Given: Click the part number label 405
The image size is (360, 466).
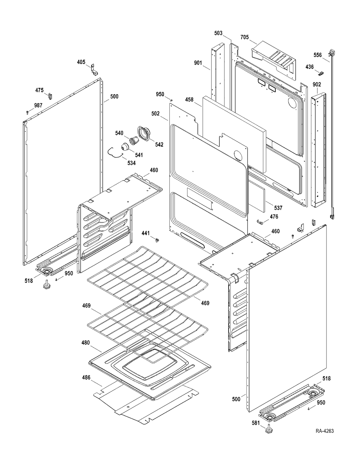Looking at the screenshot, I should click(x=81, y=62).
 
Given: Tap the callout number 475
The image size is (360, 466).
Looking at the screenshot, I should click(x=39, y=90).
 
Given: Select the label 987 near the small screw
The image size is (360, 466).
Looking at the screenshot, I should click(x=38, y=105).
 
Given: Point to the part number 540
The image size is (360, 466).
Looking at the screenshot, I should click(x=119, y=133).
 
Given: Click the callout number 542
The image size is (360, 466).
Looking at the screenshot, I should click(x=159, y=145).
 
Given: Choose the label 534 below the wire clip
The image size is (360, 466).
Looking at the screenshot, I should click(x=132, y=163).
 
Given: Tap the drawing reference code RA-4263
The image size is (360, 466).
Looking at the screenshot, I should click(x=324, y=431).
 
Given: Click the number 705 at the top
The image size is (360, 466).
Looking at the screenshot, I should click(x=244, y=37).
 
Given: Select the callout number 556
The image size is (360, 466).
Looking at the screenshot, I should click(x=318, y=55).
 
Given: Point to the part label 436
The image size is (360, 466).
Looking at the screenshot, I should click(x=309, y=67).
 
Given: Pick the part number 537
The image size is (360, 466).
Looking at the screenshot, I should click(x=278, y=208).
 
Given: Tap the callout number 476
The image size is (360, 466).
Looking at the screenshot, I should click(x=274, y=217).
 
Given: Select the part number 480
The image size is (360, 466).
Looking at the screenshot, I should click(x=86, y=343).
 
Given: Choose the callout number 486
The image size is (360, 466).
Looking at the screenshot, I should click(x=86, y=378).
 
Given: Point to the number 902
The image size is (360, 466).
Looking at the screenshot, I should click(x=317, y=85).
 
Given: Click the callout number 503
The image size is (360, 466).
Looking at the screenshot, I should click(x=218, y=33).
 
